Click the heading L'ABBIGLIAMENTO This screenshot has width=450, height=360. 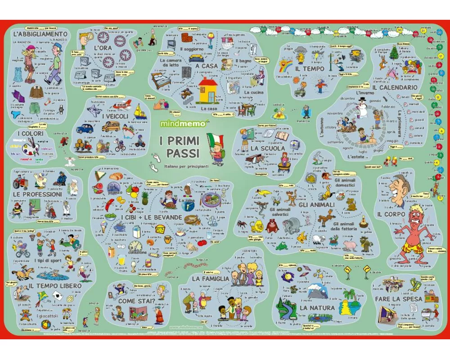40,34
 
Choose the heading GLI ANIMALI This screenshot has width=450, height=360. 316,205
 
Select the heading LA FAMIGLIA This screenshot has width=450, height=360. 210,279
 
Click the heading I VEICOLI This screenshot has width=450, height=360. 116,117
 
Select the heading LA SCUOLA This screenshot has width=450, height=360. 268,148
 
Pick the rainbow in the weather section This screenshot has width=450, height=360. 285,67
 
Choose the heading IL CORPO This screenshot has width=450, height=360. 391,214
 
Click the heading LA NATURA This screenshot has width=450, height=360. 317,308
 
